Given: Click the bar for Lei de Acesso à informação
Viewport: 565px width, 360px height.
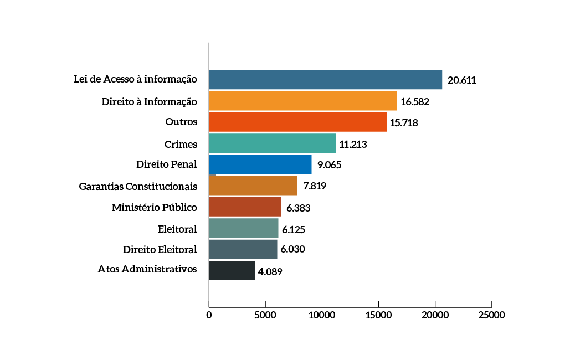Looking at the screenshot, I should click(325, 80).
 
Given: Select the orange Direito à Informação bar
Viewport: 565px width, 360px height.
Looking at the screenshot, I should click(302, 101).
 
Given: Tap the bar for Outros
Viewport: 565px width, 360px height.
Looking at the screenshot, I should click(297, 122).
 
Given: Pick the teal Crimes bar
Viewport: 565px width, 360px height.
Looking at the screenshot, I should click(272, 143).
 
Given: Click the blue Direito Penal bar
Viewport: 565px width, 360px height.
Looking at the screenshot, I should click(260, 164).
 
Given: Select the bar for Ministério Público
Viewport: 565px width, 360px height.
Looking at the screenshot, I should click(245, 207).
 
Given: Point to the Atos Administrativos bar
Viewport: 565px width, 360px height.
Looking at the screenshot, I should click(232, 270).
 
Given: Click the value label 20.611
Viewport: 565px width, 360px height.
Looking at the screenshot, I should click(462, 80).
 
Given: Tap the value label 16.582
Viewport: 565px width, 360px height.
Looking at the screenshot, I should click(415, 102).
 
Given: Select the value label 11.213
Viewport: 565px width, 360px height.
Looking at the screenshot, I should click(353, 144).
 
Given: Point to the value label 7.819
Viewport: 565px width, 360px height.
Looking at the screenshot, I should click(314, 186).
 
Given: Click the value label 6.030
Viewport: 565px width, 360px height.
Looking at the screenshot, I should click(292, 249).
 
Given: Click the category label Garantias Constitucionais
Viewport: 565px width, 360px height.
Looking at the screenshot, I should click(138, 186).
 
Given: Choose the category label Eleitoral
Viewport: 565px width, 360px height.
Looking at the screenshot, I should click(177, 228).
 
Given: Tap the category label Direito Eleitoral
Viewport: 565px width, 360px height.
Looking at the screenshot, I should click(160, 249).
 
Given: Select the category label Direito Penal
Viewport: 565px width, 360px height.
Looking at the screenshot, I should click(167, 164).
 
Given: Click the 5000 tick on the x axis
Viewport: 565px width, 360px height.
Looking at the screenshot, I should click(265, 315).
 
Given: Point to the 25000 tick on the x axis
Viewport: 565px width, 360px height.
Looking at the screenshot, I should click(491, 315).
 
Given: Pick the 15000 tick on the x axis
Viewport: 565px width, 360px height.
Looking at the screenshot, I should click(378, 315).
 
